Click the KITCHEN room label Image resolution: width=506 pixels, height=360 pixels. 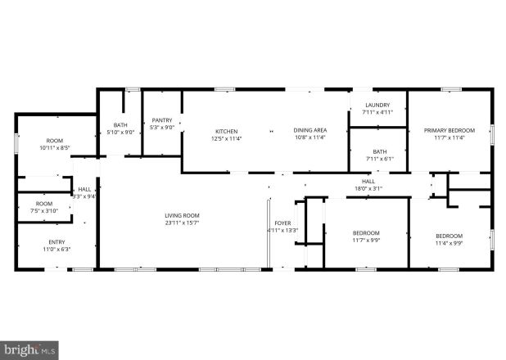[x=226, y=132]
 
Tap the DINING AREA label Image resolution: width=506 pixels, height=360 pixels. [x=310, y=131]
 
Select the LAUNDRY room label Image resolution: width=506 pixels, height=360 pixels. [x=377, y=106]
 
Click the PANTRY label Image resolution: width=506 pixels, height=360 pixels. [x=161, y=120]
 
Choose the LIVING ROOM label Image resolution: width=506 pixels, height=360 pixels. [x=182, y=215]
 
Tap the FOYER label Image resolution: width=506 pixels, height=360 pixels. [x=282, y=223]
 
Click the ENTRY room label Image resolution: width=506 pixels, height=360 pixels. [x=56, y=241]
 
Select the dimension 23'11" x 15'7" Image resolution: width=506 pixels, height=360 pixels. [x=182, y=222]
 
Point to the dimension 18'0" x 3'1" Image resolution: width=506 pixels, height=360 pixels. [x=368, y=188]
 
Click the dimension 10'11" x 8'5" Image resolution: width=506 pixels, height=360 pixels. [x=55, y=147]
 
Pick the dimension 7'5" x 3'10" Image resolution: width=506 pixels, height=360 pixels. [x=44, y=210]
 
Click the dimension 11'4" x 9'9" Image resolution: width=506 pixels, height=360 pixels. [x=449, y=242]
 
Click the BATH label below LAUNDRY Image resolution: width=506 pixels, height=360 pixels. [x=380, y=151]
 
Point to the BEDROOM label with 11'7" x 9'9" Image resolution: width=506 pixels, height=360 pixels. [x=366, y=232]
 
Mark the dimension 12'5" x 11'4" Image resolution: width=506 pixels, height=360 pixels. [x=226, y=137]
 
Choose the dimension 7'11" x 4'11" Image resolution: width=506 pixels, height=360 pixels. [x=377, y=112]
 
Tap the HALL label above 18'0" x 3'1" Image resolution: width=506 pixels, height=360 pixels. [x=368, y=182]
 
